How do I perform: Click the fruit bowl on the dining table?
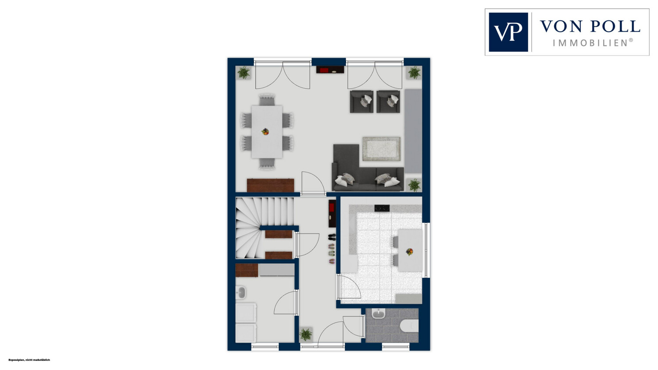point(265,132)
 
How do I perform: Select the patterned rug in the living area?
point(381,149)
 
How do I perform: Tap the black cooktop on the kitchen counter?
point(382,208)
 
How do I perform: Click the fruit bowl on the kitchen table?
point(409,252)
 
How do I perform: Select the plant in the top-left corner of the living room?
point(243,72)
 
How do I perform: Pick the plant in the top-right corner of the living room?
point(414,72)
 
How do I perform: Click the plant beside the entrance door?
point(306,334)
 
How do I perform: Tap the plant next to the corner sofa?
point(414,185)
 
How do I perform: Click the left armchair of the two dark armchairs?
point(361,101)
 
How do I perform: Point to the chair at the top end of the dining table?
point(267,100)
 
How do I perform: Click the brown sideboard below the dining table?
point(271,185)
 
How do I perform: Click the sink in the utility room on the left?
point(241,293)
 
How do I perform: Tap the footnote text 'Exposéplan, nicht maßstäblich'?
point(29,360)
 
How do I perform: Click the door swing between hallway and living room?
point(314,183)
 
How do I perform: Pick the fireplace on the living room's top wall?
point(330,70)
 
